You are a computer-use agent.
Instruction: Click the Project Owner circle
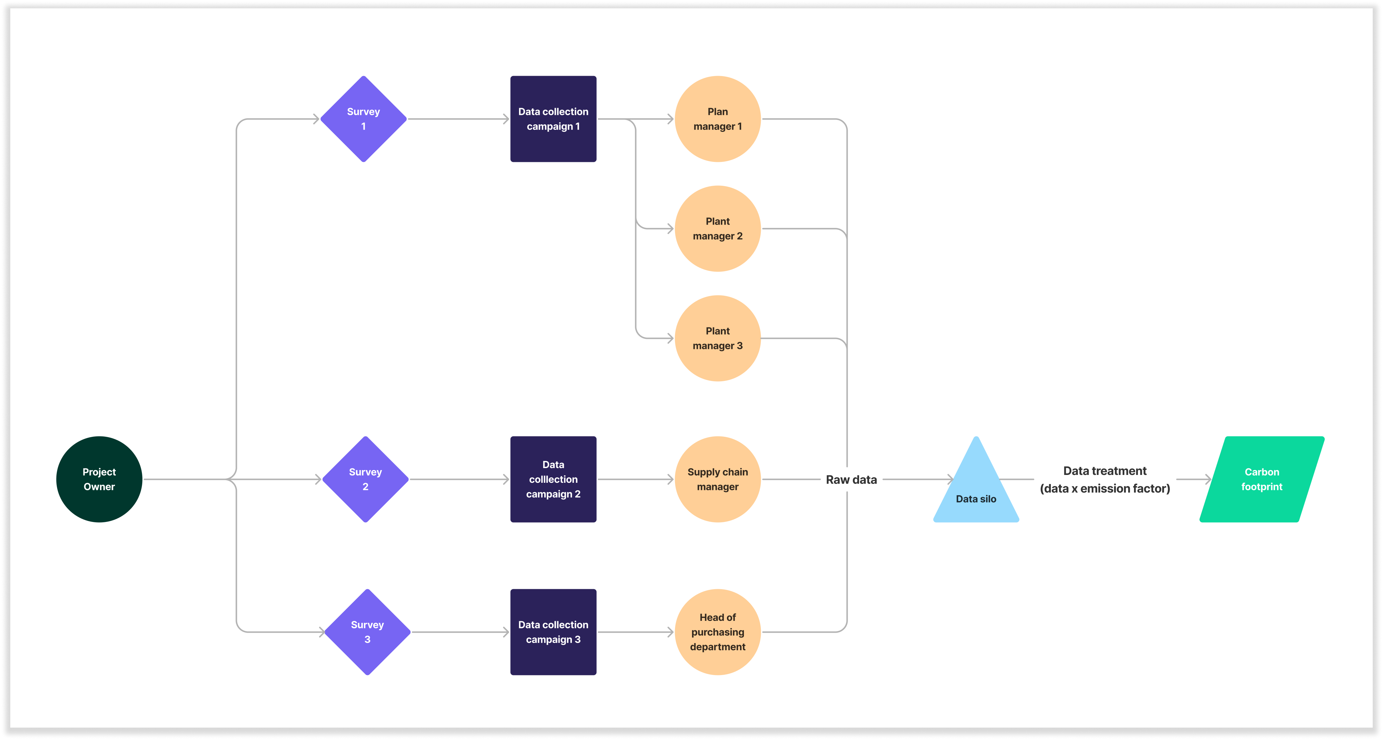point(99,479)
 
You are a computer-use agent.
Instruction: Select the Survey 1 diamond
point(363,119)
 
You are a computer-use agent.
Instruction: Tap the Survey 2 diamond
point(366,479)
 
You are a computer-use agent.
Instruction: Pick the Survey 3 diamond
point(367,632)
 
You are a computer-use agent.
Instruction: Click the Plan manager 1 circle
point(718,119)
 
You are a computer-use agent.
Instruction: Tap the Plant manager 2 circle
point(718,229)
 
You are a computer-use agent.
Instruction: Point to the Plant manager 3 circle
point(718,338)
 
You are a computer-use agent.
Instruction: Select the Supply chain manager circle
point(718,479)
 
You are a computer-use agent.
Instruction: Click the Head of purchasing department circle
point(718,632)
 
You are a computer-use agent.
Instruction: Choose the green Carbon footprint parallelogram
point(1262,479)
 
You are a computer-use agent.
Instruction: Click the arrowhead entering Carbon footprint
point(1208,479)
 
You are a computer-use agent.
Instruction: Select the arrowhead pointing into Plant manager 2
point(670,229)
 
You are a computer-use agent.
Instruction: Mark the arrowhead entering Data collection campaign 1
point(506,119)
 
